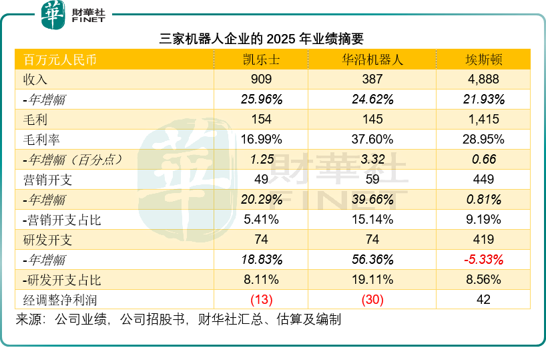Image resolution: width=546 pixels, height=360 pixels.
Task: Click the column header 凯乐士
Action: tap(261, 59)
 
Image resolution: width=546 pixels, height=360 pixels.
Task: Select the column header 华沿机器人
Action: tap(372, 59)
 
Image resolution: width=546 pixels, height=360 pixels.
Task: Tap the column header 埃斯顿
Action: tap(483, 59)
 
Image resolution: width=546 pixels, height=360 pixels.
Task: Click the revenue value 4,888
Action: tap(483, 79)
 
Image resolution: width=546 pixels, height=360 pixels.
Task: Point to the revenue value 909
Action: tap(261, 79)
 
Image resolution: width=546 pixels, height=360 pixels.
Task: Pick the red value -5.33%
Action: tap(483, 260)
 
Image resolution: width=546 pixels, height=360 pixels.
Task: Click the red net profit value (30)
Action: tap(372, 300)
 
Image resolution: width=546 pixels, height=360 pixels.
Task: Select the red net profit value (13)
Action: tap(261, 300)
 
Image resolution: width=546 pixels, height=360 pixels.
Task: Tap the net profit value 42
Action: tap(483, 300)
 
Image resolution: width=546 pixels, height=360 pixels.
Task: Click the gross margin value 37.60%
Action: tap(372, 140)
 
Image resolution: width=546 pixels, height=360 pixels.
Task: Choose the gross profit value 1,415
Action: tap(483, 120)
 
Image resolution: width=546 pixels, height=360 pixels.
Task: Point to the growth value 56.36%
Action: tap(372, 260)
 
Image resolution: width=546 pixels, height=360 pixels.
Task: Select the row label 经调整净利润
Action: tap(56, 300)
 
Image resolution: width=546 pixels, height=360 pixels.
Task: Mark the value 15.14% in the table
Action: tap(372, 220)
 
